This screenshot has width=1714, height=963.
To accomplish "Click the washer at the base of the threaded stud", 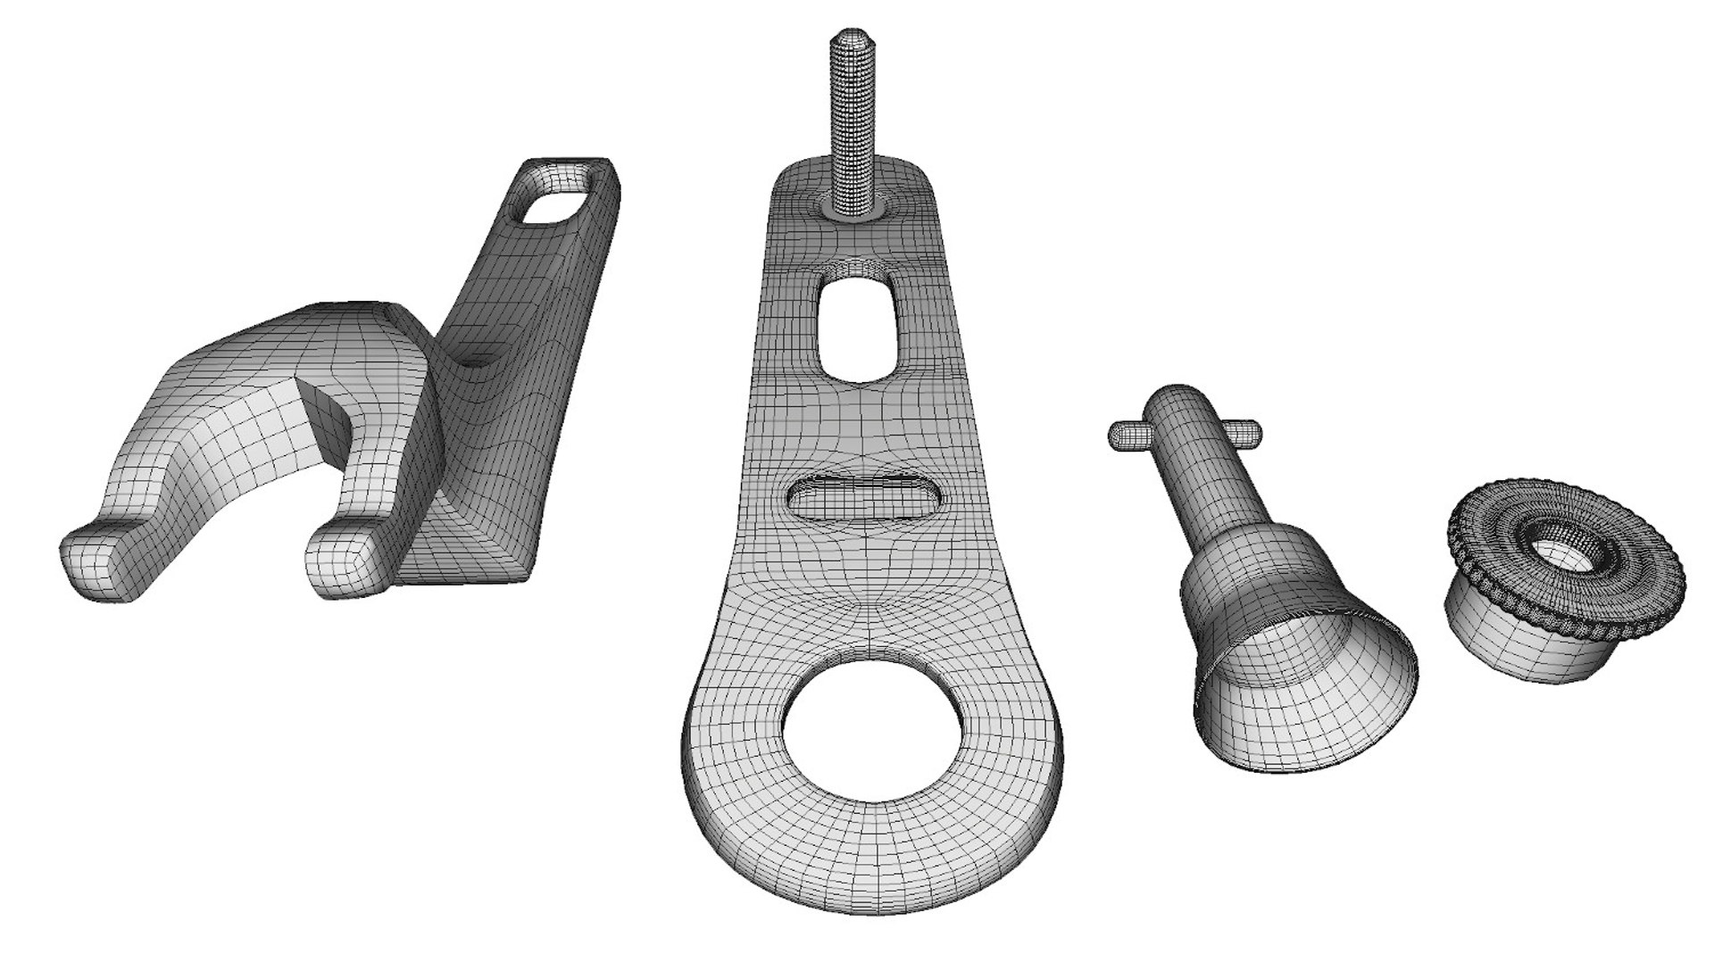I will tap(853, 206).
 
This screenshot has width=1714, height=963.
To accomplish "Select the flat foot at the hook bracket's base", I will tap(473, 553).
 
